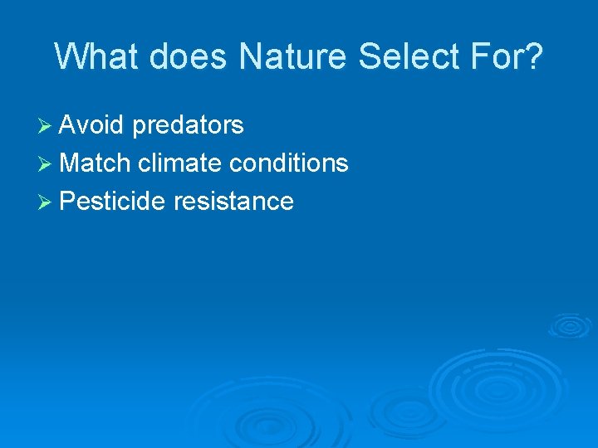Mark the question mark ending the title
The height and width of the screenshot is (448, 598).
click(534, 56)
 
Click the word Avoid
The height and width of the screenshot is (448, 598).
click(92, 125)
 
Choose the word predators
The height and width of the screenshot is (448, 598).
click(188, 126)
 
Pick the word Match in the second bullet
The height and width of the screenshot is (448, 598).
click(96, 163)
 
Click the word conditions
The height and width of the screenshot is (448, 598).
click(289, 163)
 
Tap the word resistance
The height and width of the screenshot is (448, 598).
click(234, 201)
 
